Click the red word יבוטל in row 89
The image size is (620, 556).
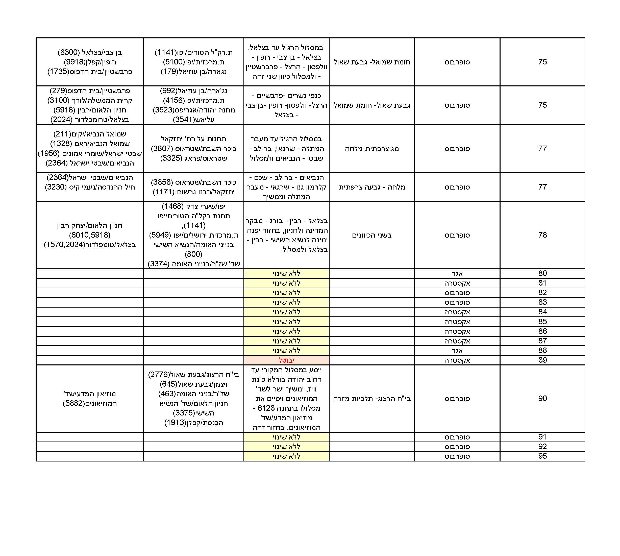pyautogui.click(x=286, y=360)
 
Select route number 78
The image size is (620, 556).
pyautogui.click(x=542, y=235)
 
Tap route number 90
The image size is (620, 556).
pyautogui.click(x=542, y=398)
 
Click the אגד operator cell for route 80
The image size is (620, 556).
pyautogui.click(x=457, y=273)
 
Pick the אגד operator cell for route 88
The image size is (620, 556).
pyautogui.click(x=457, y=350)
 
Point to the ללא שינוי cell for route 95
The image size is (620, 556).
pyautogui.click(x=286, y=456)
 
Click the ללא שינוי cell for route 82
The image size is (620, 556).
pyautogui.click(x=286, y=293)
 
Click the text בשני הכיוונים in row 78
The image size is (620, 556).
pyautogui.click(x=371, y=235)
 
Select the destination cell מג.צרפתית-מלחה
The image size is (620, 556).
pyautogui.click(x=371, y=149)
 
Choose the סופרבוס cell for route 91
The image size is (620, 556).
pyautogui.click(x=457, y=437)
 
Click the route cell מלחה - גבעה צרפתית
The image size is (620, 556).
pyautogui.click(x=371, y=187)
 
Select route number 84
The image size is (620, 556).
pyautogui.click(x=542, y=312)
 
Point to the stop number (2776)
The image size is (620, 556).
pyautogui.click(x=159, y=375)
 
